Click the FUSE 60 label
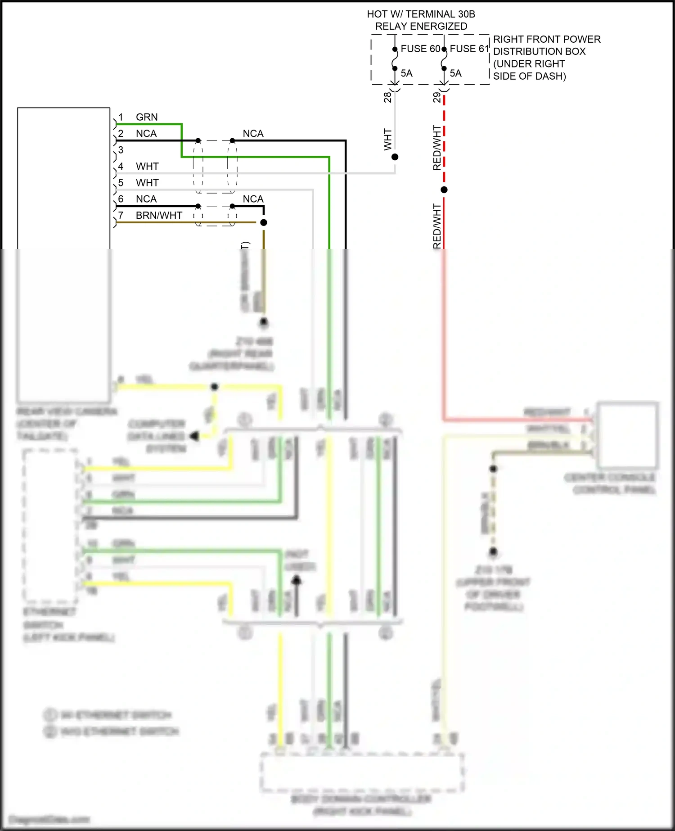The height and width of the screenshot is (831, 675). (x=420, y=49)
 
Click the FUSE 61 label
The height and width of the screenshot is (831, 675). (x=469, y=49)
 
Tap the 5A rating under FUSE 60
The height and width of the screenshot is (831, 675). (x=406, y=73)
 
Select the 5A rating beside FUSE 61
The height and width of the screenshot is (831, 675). (x=455, y=73)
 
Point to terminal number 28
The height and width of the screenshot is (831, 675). (x=387, y=97)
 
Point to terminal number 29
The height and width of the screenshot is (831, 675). (x=436, y=97)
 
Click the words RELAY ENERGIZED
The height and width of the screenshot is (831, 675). (x=421, y=26)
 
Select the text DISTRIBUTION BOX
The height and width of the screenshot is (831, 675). (x=539, y=51)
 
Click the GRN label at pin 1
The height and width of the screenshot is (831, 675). (x=147, y=117)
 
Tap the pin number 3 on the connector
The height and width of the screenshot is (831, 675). (x=121, y=150)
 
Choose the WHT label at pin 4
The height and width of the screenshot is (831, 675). (x=147, y=167)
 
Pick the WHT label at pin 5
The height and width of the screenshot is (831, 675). (x=147, y=183)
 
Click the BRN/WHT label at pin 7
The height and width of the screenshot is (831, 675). (x=159, y=216)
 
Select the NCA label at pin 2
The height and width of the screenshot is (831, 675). (x=146, y=134)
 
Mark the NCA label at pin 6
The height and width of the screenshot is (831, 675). (x=146, y=199)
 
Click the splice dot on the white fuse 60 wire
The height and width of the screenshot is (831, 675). (x=395, y=157)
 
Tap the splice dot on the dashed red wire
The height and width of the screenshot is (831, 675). (x=444, y=190)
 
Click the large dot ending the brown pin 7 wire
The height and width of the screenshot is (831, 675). (x=264, y=222)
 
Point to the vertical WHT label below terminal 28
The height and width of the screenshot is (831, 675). (x=387, y=140)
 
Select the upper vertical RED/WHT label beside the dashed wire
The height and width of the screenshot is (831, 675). (x=436, y=148)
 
